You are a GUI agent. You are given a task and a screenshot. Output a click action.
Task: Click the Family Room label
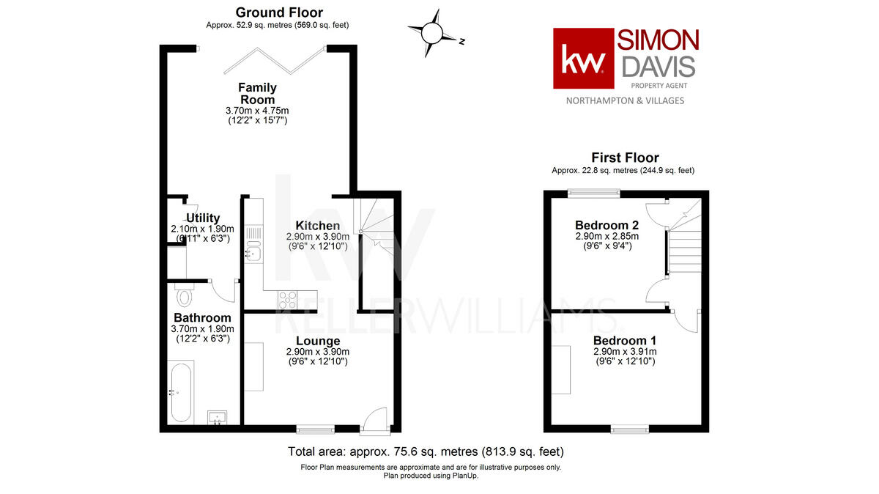[257, 94]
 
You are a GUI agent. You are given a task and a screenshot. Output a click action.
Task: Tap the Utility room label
[203, 218]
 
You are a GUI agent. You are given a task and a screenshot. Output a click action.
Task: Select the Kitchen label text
[317, 226]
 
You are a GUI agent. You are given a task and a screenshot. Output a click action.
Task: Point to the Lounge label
[318, 341]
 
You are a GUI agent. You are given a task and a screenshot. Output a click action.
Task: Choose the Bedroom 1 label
[624, 341]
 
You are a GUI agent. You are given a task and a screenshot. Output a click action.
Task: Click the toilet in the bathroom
[185, 296]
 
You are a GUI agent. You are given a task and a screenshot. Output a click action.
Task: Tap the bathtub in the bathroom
[180, 391]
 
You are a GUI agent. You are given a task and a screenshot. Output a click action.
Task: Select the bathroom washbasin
[218, 417]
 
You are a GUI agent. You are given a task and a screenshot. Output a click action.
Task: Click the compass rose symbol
[433, 33]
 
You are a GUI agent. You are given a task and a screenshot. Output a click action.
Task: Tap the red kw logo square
[583, 59]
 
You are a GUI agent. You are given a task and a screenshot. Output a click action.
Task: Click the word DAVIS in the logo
[658, 67]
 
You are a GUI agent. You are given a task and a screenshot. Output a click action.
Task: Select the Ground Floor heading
[278, 12]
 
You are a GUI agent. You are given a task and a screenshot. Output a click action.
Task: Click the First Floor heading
[625, 158]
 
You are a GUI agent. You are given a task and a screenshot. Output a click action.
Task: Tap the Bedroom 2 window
[594, 193]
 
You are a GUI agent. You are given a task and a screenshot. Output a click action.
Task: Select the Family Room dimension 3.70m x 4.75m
[256, 111]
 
